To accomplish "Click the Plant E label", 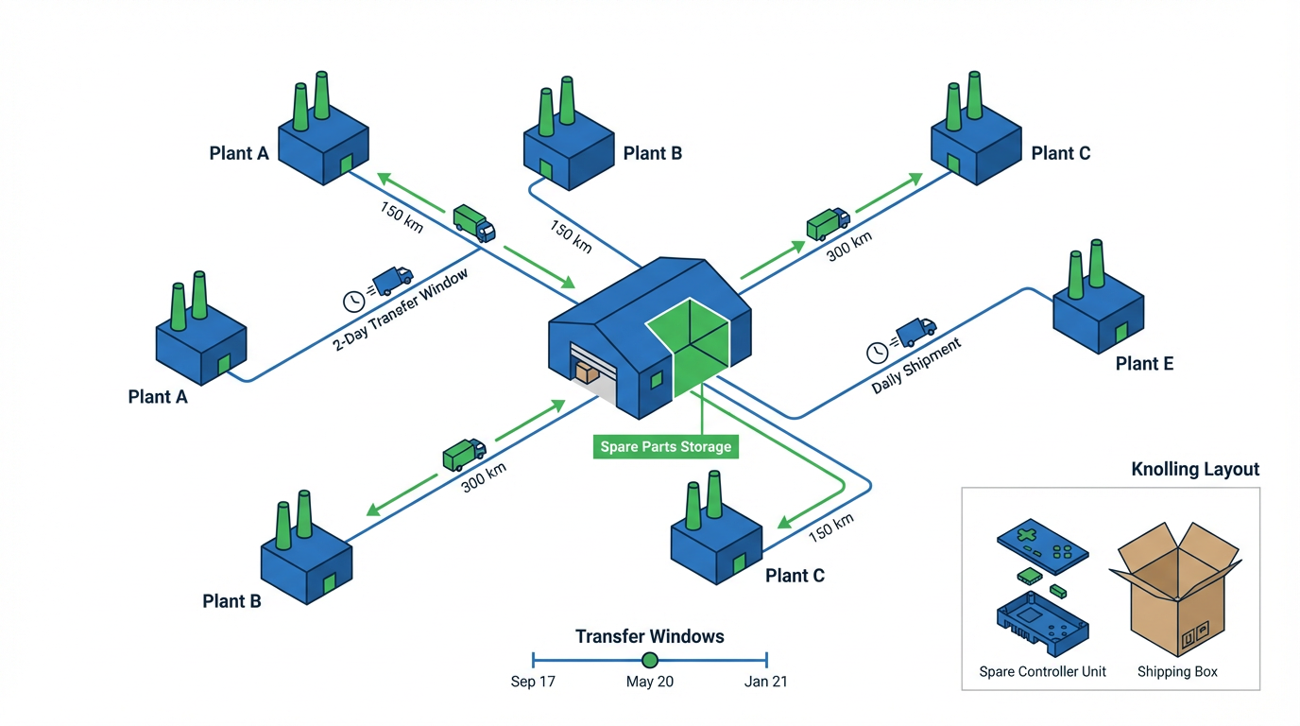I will pos(1144,364).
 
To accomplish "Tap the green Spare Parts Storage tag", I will pos(665,446).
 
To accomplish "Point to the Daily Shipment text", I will pos(915,366).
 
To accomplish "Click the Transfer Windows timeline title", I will pos(650,636).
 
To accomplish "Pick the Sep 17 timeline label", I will pos(533,682).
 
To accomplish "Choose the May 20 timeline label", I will pos(650,682).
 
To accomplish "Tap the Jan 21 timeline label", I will pos(765,682).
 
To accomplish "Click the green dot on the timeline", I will pos(650,660).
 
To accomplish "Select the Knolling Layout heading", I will pos(1195,470).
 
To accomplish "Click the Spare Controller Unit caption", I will pos(1042,672).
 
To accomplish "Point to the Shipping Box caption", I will pos(1177,672).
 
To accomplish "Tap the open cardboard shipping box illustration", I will pos(1175,591).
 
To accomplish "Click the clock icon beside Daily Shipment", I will pos(878,352).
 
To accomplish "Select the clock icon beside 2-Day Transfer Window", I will pos(353,301).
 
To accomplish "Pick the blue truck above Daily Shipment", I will pos(915,331).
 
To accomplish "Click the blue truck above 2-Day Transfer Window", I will pos(392,280).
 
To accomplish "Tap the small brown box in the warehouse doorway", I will pos(587,373).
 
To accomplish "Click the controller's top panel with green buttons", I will pos(1042,544).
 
